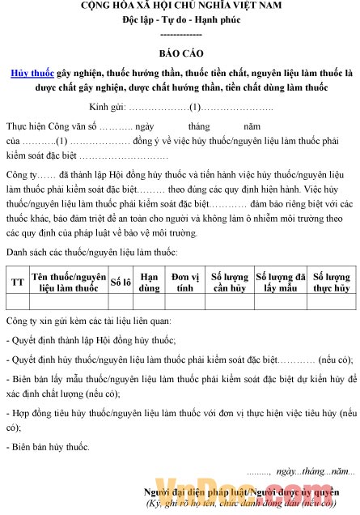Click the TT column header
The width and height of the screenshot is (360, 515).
click(17, 282)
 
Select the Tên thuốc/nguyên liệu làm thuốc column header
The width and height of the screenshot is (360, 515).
click(69, 282)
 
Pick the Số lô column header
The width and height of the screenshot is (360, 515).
click(121, 282)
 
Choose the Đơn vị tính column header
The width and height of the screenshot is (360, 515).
click(185, 282)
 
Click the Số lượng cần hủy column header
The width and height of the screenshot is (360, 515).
click(229, 282)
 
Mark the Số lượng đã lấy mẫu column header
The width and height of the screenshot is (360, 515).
click(279, 282)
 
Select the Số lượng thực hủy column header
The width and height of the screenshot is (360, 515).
click(331, 282)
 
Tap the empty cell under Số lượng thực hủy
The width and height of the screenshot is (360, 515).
click(331, 302)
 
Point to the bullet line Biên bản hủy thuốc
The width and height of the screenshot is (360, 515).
click(49, 446)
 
